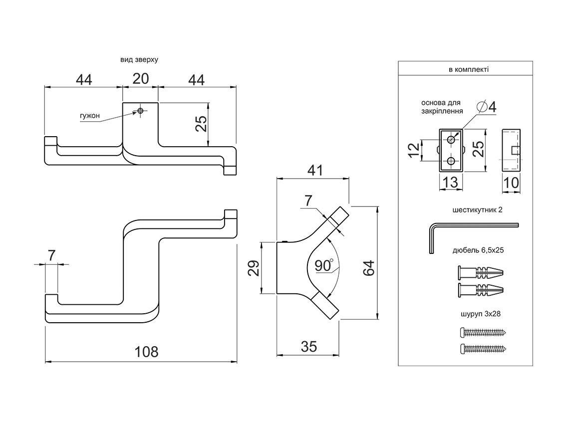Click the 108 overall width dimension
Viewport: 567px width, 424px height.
click(x=147, y=351)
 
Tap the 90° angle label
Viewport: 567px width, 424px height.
click(x=324, y=266)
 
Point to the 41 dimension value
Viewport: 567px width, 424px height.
click(x=313, y=171)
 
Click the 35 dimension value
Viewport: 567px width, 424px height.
click(x=309, y=347)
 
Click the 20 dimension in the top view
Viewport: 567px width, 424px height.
click(x=140, y=79)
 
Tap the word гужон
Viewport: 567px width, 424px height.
click(x=90, y=116)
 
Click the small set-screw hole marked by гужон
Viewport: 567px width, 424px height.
click(x=140, y=110)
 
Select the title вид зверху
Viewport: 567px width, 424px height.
click(x=139, y=59)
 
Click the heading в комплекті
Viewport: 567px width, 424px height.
click(x=469, y=70)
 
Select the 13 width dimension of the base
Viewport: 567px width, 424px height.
click(x=450, y=183)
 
